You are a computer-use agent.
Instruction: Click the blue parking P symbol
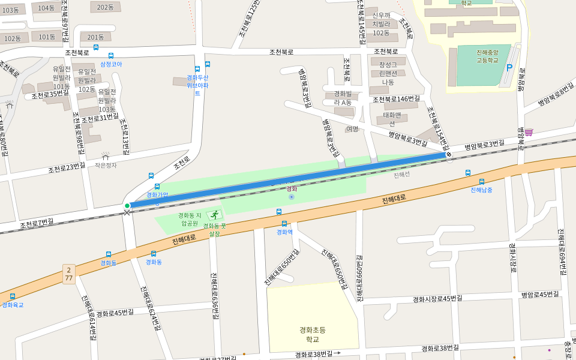click(509, 68)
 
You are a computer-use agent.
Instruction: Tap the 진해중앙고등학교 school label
click(487, 56)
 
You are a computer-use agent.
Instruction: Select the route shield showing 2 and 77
click(69, 274)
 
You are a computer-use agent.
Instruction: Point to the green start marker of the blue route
click(127, 206)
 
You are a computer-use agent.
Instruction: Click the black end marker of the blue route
click(449, 154)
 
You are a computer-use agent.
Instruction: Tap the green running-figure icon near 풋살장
click(214, 215)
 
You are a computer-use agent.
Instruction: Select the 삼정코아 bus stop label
click(111, 64)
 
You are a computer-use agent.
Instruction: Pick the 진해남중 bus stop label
click(481, 190)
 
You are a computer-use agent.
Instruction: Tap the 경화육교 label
click(13, 305)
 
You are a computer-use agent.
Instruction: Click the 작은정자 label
click(106, 165)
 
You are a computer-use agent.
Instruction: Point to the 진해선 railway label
click(401, 175)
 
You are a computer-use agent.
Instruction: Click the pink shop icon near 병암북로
click(529, 132)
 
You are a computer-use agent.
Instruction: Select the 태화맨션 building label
click(392, 119)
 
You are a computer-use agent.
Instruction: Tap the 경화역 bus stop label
click(284, 232)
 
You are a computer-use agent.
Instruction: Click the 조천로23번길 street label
click(67, 167)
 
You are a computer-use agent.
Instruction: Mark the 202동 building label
click(105, 7)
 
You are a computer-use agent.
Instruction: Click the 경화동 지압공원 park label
click(190, 219)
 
